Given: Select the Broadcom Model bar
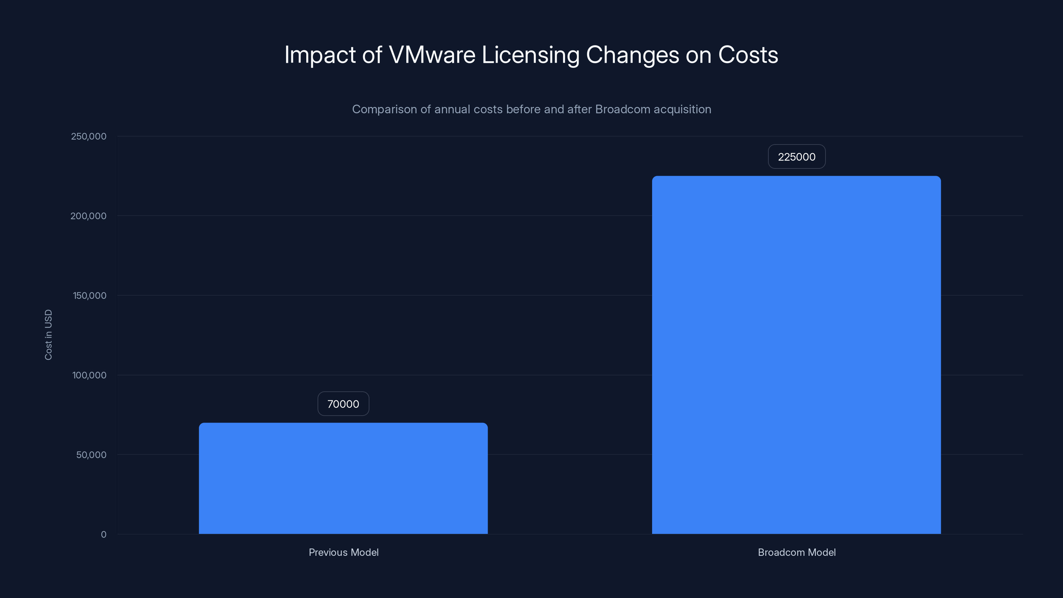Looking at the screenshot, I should (x=797, y=355).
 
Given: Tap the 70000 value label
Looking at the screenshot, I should (x=343, y=404).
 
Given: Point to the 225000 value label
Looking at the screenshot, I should (x=797, y=157).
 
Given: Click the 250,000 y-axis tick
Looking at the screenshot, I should (x=89, y=136).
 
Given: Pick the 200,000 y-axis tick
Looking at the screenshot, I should (x=88, y=216).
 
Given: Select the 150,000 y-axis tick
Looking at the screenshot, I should (x=90, y=295).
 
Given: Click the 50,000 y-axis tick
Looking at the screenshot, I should (x=91, y=455).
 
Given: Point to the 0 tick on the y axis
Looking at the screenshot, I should (x=104, y=535).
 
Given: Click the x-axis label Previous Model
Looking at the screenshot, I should (x=343, y=552).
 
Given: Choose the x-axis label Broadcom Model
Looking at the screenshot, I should (x=797, y=552).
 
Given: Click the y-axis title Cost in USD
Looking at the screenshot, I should (x=48, y=335).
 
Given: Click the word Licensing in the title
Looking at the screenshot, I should (x=530, y=55).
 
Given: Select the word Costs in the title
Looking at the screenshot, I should (x=748, y=55).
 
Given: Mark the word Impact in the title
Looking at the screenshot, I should (x=320, y=55).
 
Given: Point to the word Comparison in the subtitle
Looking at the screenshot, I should (x=384, y=109).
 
